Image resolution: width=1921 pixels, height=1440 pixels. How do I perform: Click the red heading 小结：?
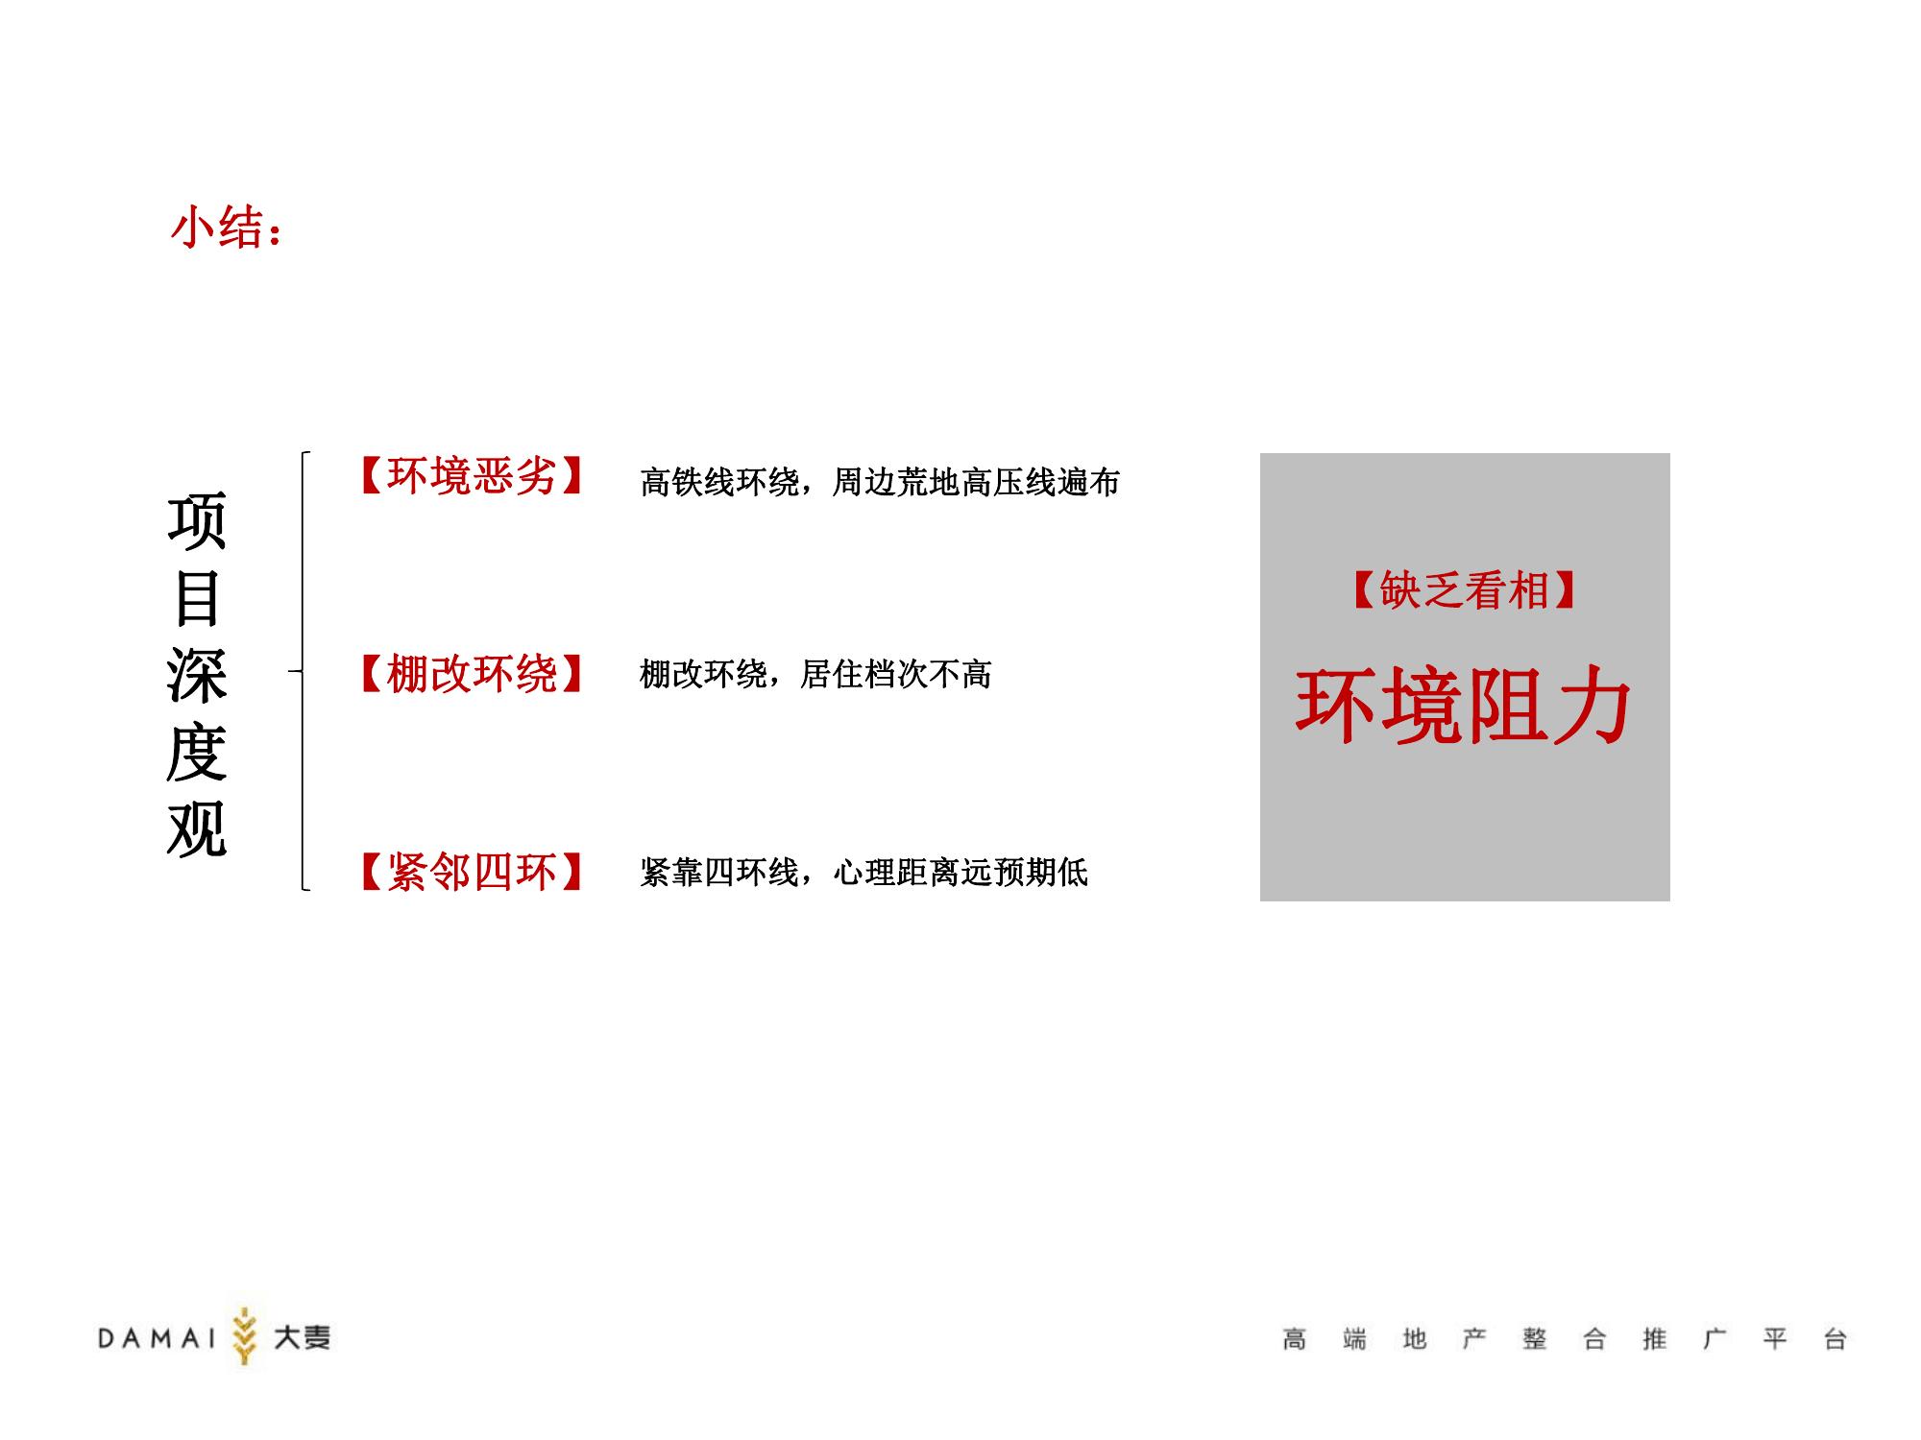click(227, 228)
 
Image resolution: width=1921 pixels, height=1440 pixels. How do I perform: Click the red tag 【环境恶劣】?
click(471, 475)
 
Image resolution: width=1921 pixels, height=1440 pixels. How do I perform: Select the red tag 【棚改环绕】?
click(471, 674)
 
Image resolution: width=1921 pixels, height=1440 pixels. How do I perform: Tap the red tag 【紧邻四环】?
click(471, 872)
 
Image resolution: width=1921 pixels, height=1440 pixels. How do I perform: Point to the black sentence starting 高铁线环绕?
click(880, 482)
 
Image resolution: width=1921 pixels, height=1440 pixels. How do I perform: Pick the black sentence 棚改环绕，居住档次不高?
click(815, 674)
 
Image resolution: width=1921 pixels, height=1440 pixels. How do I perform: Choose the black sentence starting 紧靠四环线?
click(863, 872)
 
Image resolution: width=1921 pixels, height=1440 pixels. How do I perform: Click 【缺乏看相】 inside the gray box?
click(1465, 590)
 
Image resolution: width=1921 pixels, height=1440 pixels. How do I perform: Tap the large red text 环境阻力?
click(1464, 708)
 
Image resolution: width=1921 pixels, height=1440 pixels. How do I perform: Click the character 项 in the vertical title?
click(197, 521)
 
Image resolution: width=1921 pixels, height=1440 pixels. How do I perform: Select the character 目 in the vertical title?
click(197, 598)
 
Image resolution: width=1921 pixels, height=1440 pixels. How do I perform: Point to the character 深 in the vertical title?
click(197, 675)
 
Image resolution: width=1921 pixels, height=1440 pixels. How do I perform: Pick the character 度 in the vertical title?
click(197, 752)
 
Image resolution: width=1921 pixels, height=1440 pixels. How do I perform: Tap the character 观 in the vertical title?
click(197, 828)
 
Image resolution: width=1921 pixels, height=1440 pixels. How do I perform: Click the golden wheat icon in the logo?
click(245, 1335)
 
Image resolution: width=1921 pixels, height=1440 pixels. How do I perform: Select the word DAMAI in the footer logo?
click(158, 1338)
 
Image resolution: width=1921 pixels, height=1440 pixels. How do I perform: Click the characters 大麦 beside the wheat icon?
click(302, 1337)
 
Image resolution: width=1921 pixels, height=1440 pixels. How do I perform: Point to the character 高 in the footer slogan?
click(1294, 1339)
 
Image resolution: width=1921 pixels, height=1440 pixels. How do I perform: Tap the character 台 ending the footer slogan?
click(1835, 1339)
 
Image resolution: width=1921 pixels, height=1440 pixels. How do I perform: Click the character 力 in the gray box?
click(1593, 708)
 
